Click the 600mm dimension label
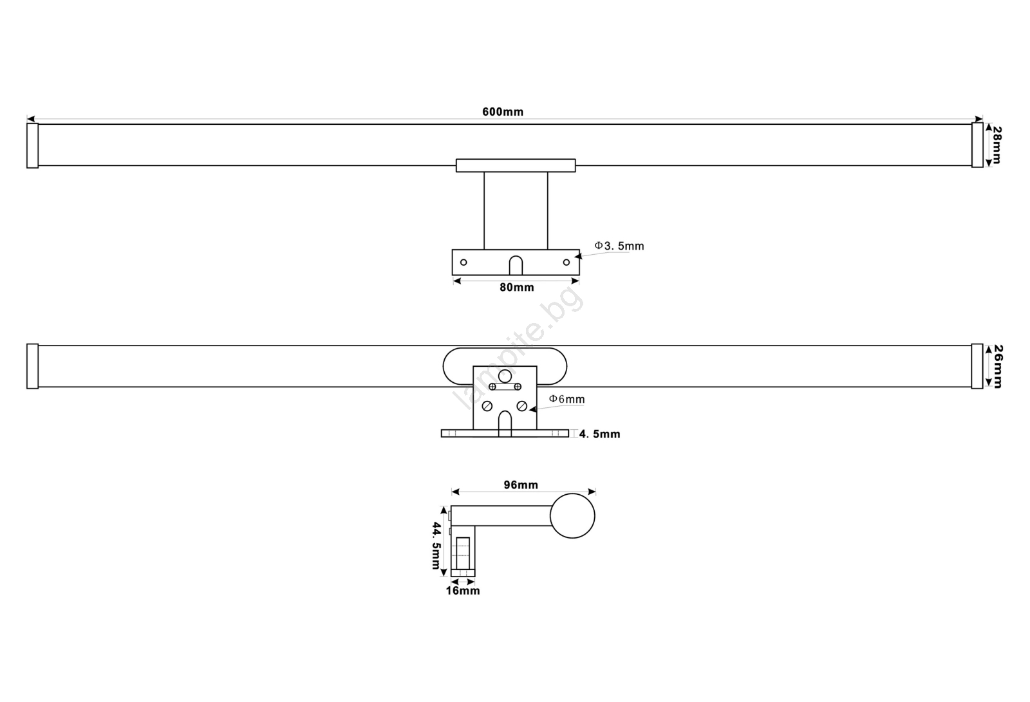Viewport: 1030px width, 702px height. (503, 112)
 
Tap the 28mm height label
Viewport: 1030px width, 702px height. (997, 145)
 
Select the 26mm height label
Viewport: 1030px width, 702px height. (998, 366)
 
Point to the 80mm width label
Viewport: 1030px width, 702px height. (517, 288)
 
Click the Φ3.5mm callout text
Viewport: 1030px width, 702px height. (619, 246)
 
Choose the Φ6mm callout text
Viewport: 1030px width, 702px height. (567, 399)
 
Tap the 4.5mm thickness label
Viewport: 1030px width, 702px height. (599, 434)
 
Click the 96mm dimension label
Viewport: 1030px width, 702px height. (521, 485)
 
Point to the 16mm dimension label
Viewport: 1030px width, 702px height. (463, 591)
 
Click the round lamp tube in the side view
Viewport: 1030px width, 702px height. (572, 516)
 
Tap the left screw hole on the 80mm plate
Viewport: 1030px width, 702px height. (464, 262)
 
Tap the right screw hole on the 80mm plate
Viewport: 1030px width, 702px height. (566, 262)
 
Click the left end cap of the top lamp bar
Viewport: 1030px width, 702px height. (33, 145)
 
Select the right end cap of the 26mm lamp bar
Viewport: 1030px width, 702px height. (977, 366)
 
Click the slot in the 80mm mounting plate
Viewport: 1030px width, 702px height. (516, 266)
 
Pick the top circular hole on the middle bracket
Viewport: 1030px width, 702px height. (505, 376)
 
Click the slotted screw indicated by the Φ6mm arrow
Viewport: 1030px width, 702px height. (521, 406)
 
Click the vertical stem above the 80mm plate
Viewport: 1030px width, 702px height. (516, 210)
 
